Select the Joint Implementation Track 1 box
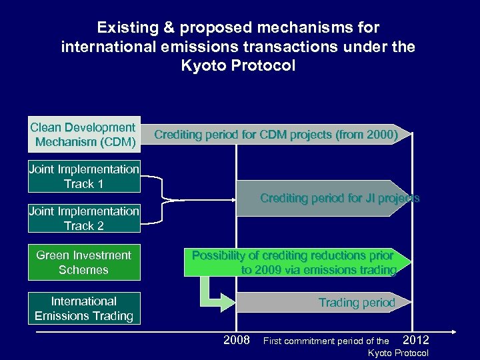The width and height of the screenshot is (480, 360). point(84,177)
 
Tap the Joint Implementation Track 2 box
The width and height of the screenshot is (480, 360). point(84,219)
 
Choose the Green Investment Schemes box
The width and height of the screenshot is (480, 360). point(84,263)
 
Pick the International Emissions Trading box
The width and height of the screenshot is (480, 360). point(84,309)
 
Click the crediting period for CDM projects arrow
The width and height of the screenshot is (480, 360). point(277,135)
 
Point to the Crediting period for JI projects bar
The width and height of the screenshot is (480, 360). point(327,199)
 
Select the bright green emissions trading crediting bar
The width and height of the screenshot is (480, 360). point(297,263)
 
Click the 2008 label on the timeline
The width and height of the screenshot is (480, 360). point(237,341)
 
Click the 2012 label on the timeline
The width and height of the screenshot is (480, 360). point(416,340)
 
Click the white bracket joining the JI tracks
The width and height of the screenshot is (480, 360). point(163,198)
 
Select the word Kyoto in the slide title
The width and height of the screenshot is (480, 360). point(203,67)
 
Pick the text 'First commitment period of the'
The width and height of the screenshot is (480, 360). point(326,341)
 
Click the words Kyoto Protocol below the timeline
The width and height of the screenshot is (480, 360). point(398,353)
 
